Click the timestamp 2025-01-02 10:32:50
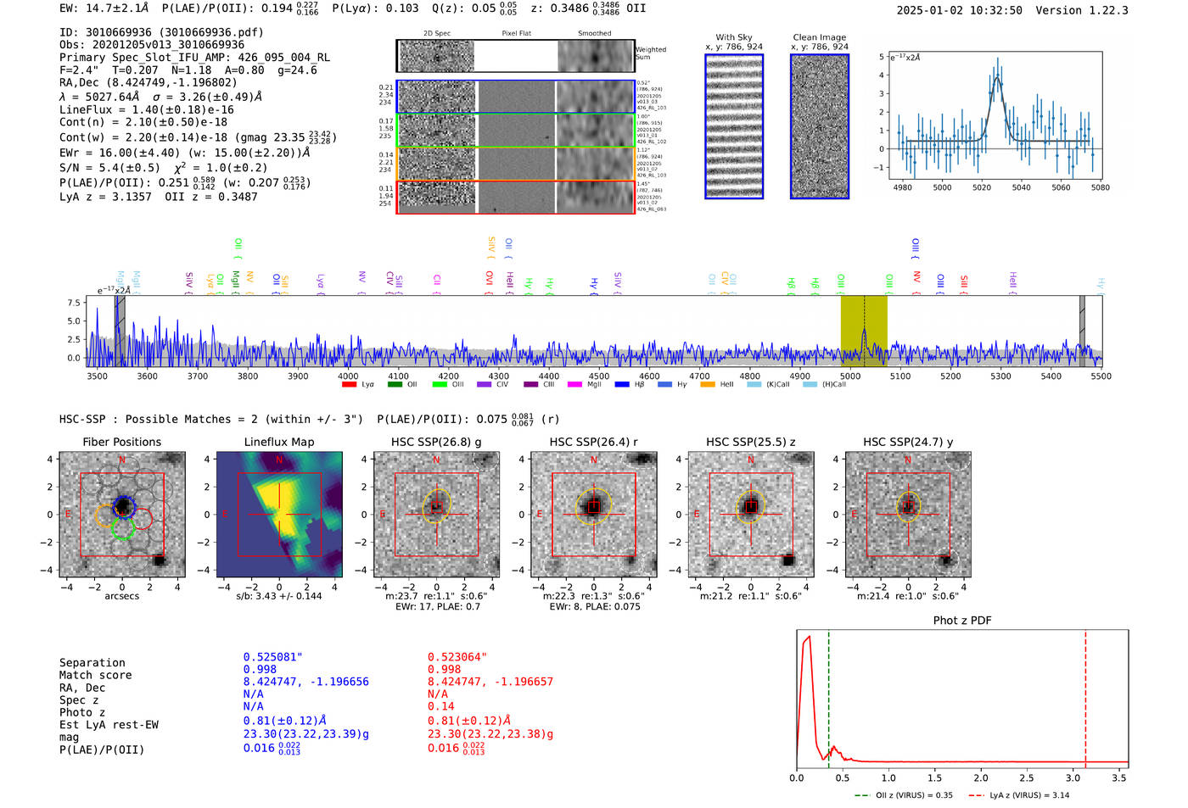pos(959,10)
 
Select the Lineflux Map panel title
pos(279,442)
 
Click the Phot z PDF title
pos(962,621)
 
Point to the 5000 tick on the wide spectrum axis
pos(849,376)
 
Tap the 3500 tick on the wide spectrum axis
pos(98,376)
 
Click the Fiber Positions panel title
pos(122,442)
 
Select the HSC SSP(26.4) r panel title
pos(594,442)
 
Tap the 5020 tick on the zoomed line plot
pos(982,187)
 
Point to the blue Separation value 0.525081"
pos(272,657)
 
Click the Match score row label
pos(95,676)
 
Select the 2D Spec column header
pos(437,34)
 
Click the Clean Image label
pos(819,37)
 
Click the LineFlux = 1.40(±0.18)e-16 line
pos(147,109)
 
